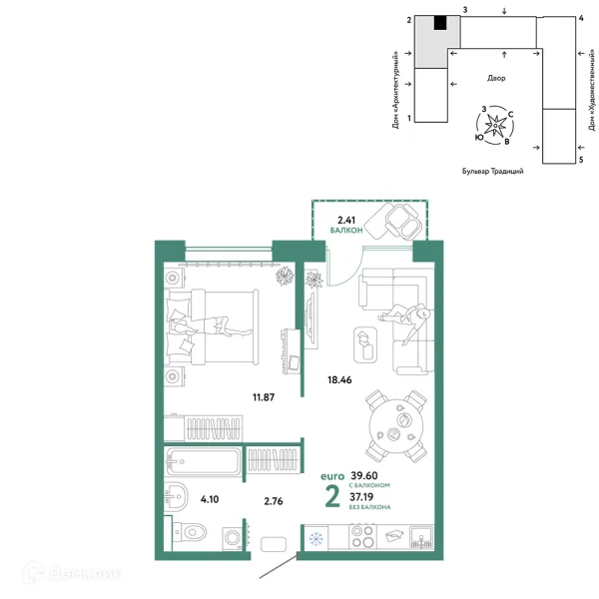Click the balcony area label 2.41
pyautogui.click(x=346, y=220)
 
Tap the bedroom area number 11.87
pyautogui.click(x=264, y=397)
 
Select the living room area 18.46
pyautogui.click(x=339, y=379)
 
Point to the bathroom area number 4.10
pyautogui.click(x=210, y=499)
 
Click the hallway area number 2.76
pyautogui.click(x=274, y=501)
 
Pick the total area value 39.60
pyautogui.click(x=364, y=475)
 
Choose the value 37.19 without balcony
pyautogui.click(x=361, y=497)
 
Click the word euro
pyautogui.click(x=332, y=476)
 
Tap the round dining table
pyautogui.click(x=396, y=426)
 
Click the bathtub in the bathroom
pyautogui.click(x=204, y=461)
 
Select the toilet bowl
pyautogui.click(x=192, y=531)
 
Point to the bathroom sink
pyautogui.click(x=176, y=497)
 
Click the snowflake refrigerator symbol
pyautogui.click(x=315, y=539)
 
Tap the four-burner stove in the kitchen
pyautogui.click(x=362, y=537)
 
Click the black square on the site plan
pyautogui.click(x=440, y=23)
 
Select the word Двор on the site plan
pyautogui.click(x=496, y=78)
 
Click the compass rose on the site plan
pyautogui.click(x=495, y=126)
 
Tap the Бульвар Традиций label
pyautogui.click(x=493, y=171)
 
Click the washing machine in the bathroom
pyautogui.click(x=233, y=538)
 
